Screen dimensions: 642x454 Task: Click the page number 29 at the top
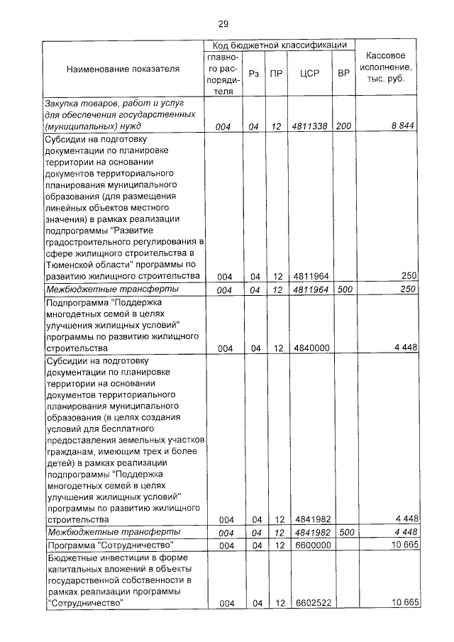coord(223,24)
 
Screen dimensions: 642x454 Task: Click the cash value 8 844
coord(403,126)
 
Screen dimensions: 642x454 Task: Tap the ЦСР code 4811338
coord(309,126)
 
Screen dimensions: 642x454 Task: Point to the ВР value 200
coord(344,126)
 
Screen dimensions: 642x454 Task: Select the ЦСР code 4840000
coord(309,348)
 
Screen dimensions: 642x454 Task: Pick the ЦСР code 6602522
coord(309,603)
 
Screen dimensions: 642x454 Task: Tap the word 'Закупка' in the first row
coord(63,104)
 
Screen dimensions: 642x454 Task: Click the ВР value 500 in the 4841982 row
coord(345,532)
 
